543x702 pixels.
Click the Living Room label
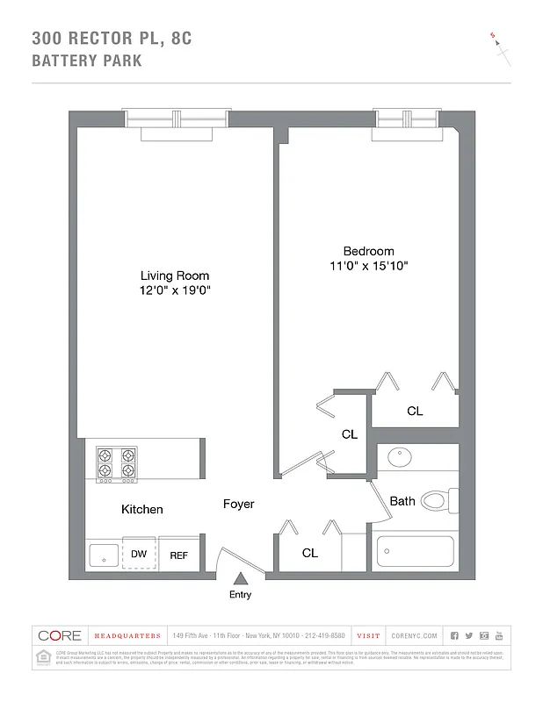[175, 276]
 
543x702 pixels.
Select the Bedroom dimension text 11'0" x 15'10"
[368, 265]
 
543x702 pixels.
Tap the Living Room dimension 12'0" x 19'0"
[175, 290]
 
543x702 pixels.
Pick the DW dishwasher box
[139, 554]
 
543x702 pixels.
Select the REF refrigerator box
[178, 555]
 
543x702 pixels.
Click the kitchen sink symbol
[104, 555]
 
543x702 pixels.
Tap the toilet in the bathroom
[438, 501]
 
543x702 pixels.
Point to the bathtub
[415, 552]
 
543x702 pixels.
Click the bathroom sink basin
[401, 457]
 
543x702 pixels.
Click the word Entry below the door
[240, 594]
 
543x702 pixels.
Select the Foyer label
[238, 504]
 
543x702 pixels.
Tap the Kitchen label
[141, 509]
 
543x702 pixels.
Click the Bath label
[402, 501]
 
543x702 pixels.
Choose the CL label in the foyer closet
[309, 553]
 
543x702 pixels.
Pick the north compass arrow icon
[501, 48]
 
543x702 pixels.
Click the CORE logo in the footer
[60, 635]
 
